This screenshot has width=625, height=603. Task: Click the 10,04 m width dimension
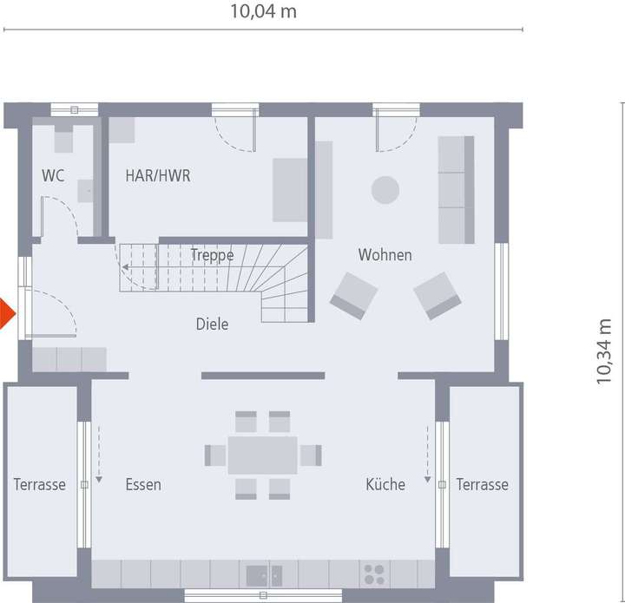click(263, 11)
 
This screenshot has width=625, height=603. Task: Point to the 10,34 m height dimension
click(604, 350)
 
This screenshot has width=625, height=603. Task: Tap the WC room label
click(53, 175)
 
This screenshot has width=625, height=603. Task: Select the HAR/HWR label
click(157, 175)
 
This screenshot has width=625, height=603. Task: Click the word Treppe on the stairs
click(212, 255)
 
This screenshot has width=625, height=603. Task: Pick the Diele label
click(212, 324)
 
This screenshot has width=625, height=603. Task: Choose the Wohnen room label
click(385, 255)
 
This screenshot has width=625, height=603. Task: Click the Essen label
click(142, 484)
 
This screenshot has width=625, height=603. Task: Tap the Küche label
click(385, 484)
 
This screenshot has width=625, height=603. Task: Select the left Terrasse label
click(39, 484)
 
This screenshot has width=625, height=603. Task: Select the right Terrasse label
click(483, 484)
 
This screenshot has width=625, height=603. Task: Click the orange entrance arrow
click(6, 313)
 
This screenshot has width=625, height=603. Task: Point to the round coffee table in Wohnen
click(385, 189)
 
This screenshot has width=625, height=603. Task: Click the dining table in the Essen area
click(263, 456)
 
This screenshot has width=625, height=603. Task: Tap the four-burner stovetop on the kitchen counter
click(374, 574)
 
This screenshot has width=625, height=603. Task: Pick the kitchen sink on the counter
click(264, 574)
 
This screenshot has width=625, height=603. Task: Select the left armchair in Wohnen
click(353, 295)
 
